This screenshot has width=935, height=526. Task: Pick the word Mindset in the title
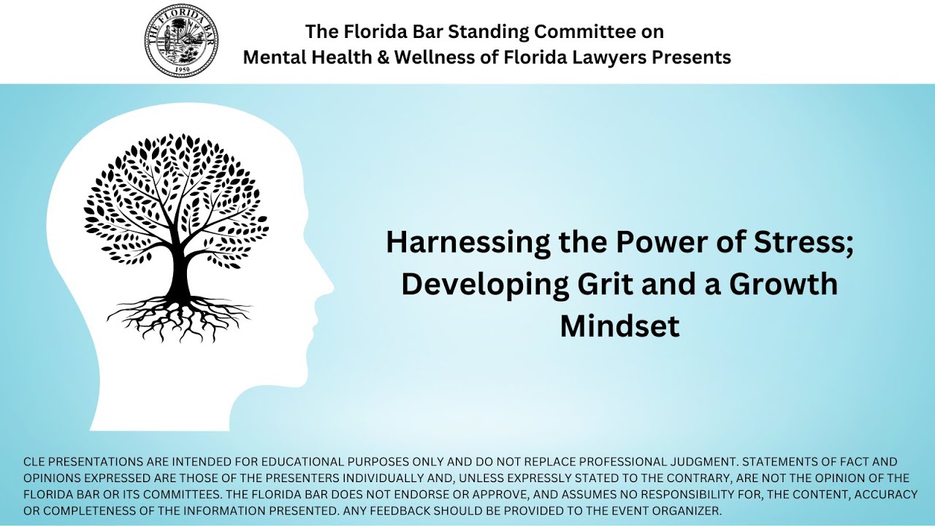point(619,326)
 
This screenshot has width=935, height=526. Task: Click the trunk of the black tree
point(178,274)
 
